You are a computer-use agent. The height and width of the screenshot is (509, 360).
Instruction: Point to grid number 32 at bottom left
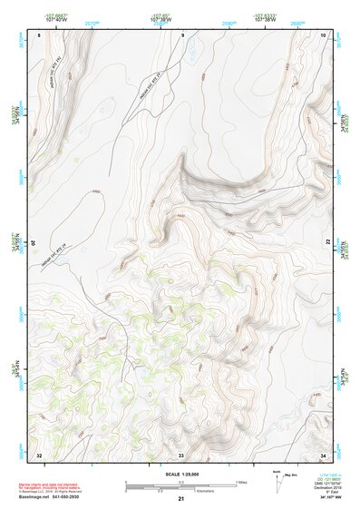click(39, 454)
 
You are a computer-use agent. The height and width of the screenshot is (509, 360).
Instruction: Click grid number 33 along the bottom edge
click(181, 454)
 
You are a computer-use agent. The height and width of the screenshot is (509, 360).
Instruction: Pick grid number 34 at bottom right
click(323, 454)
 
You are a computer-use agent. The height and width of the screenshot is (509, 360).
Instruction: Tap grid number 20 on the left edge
click(35, 243)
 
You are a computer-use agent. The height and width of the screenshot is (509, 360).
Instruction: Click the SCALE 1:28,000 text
click(180, 475)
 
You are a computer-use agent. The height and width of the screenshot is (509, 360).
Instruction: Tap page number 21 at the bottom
click(181, 499)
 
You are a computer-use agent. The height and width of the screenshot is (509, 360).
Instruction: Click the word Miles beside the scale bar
click(242, 481)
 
